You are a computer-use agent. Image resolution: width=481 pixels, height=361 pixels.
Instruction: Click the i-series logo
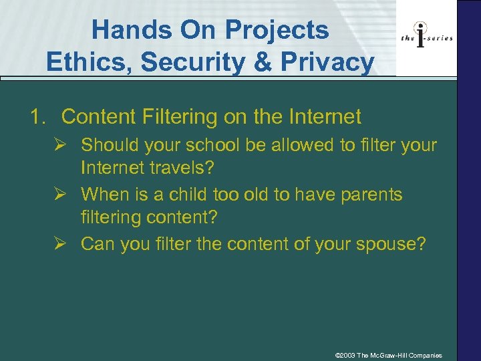point(427,37)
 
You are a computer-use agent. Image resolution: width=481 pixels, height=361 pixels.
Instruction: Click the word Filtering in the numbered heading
point(180,117)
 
